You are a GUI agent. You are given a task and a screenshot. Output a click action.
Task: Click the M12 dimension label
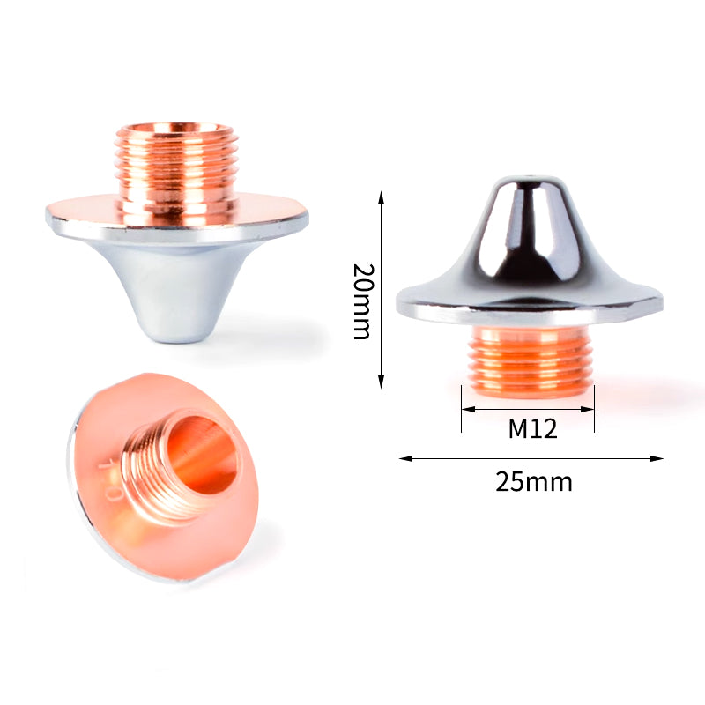532,428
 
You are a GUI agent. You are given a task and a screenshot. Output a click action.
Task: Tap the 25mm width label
534,482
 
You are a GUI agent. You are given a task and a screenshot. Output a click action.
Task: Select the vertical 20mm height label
362,301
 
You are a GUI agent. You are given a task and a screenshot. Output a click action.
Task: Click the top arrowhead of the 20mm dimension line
381,197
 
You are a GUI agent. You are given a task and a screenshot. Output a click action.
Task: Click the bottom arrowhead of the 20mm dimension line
381,382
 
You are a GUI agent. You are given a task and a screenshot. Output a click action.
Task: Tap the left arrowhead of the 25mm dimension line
405,458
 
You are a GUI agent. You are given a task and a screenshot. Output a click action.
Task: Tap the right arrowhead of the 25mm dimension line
657,458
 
